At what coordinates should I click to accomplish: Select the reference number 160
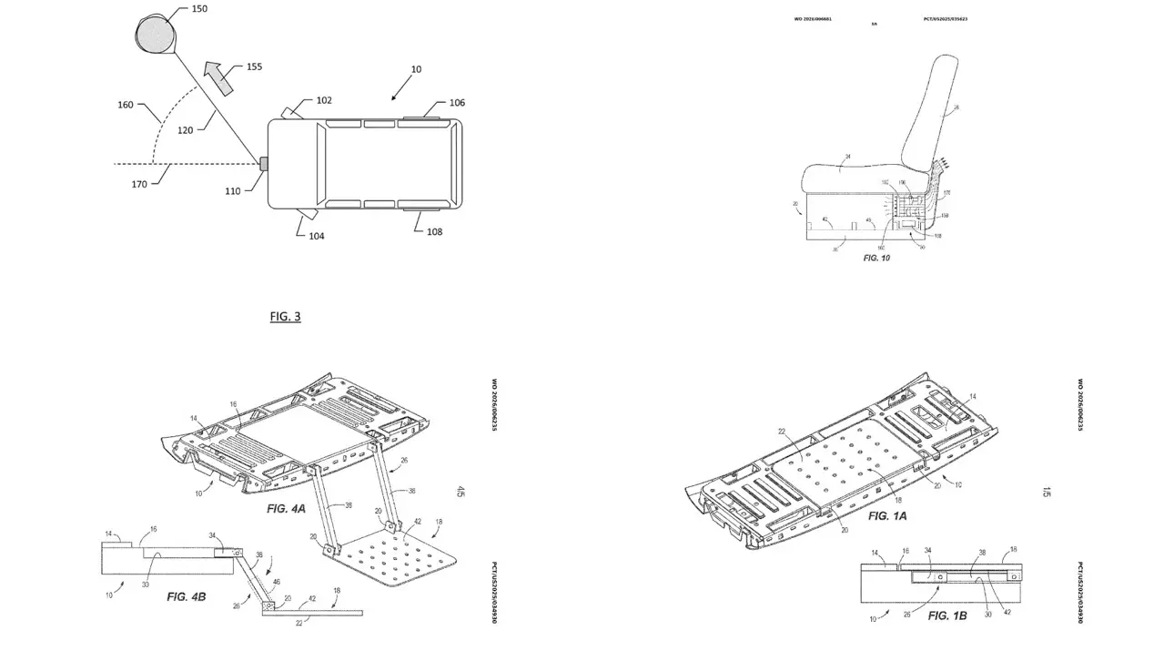pos(126,105)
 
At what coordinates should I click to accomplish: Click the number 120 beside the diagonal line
pos(185,130)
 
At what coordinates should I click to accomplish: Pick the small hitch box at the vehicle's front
pos(263,165)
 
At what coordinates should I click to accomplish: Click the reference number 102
pos(324,101)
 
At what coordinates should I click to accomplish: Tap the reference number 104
pos(316,236)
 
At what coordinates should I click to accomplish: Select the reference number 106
pos(457,103)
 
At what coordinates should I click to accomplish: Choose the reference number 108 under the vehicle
pos(435,231)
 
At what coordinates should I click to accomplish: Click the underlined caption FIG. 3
pos(285,317)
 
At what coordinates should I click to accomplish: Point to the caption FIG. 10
pos(876,259)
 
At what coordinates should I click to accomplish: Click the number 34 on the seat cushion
pos(846,158)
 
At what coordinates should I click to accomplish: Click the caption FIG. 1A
pos(887,516)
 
